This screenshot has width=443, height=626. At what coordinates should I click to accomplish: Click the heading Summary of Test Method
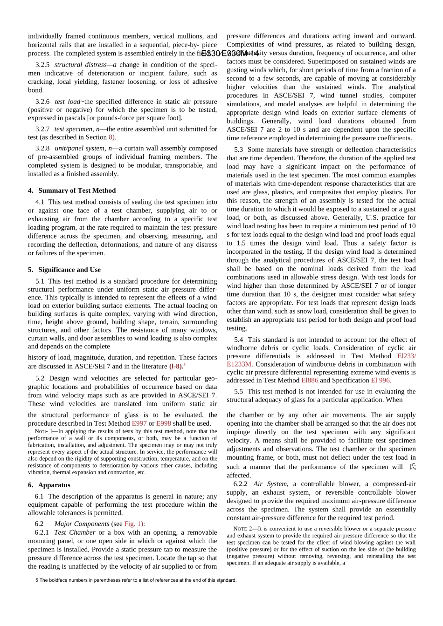(77, 191)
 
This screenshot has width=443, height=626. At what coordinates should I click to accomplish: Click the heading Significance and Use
(69, 270)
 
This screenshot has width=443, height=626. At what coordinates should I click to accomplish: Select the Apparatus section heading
(54, 485)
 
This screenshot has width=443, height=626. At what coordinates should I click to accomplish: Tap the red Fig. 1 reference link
(134, 524)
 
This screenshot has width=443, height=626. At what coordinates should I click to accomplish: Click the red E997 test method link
(139, 423)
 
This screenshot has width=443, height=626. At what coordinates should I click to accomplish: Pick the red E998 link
(164, 423)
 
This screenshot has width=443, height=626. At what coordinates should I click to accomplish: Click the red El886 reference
(310, 381)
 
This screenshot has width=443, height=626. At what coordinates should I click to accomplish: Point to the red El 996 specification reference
(381, 381)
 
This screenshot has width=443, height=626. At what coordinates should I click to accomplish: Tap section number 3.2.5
(42, 65)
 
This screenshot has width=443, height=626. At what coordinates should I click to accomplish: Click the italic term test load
(67, 102)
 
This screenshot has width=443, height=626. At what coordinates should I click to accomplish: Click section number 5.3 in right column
(239, 150)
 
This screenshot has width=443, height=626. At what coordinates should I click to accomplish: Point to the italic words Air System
(270, 484)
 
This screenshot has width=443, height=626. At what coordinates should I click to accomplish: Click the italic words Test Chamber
(75, 532)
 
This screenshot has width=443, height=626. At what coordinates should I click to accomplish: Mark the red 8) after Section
(112, 137)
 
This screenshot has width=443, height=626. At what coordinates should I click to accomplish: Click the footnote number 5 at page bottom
(37, 580)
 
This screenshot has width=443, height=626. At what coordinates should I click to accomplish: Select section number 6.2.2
(241, 484)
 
